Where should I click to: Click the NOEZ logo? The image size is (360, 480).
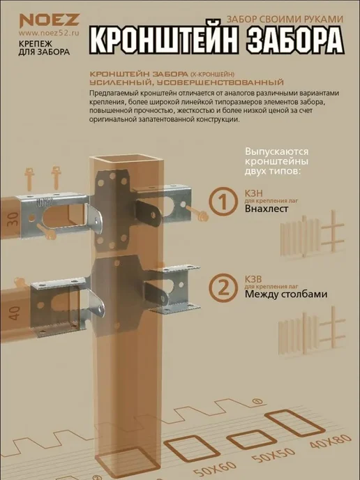click(50, 20)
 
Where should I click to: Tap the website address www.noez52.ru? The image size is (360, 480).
click(49, 33)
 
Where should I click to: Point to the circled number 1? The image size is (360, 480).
click(223, 202)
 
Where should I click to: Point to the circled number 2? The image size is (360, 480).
click(223, 287)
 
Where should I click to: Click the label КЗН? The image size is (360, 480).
click(254, 193)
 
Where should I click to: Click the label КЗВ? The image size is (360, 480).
click(253, 279)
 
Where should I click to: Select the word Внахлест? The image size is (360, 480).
click(267, 209)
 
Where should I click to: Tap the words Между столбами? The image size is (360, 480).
click(286, 294)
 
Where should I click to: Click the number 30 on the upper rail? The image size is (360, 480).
click(13, 219)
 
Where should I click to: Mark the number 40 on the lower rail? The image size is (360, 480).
click(14, 313)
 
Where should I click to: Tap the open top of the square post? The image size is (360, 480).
click(126, 160)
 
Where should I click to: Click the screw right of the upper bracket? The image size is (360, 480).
click(197, 213)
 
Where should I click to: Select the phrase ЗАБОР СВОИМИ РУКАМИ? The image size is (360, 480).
click(285, 19)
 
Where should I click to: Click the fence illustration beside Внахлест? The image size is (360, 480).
click(313, 235)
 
